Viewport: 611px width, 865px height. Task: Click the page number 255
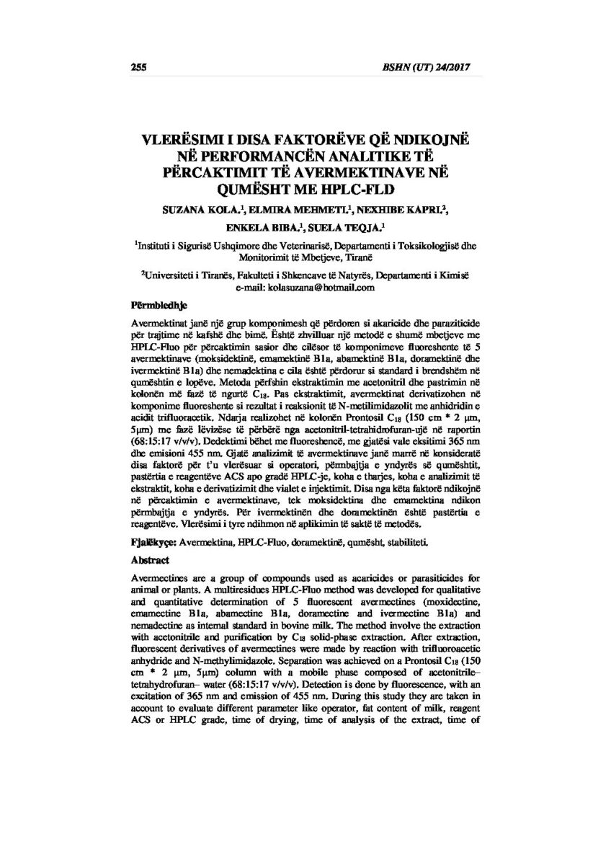pyautogui.click(x=138, y=68)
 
